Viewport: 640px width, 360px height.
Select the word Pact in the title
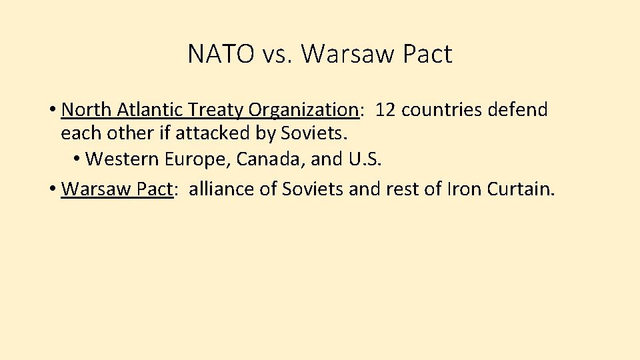(427, 54)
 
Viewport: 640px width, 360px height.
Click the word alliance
(221, 189)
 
